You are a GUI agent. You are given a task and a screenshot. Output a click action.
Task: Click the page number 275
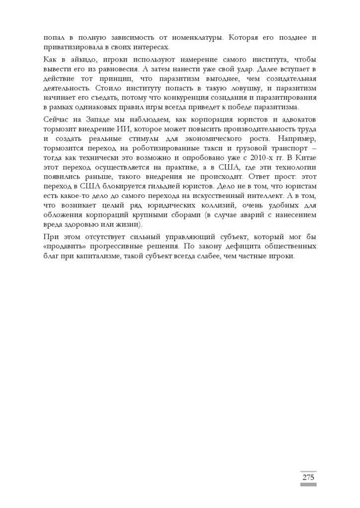coord(308,478)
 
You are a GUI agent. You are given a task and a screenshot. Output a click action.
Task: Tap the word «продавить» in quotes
coord(64,246)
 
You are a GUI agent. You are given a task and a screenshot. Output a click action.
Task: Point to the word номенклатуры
coord(189,37)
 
